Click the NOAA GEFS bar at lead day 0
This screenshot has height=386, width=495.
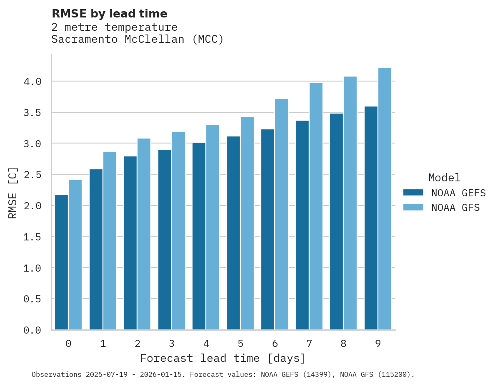click(61, 262)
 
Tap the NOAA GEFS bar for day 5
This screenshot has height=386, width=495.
click(233, 233)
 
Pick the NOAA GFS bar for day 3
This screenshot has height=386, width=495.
click(178, 231)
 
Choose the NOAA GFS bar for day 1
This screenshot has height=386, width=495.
click(110, 241)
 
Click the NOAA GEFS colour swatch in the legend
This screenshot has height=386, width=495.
click(413, 193)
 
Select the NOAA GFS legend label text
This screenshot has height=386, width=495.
click(455, 208)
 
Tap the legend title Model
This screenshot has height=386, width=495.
click(444, 178)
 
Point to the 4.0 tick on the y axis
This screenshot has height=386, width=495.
click(32, 82)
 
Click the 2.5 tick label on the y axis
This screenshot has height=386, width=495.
click(32, 175)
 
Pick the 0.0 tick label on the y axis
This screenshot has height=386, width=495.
click(32, 330)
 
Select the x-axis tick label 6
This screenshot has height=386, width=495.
click(275, 344)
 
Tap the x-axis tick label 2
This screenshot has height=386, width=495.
click(137, 344)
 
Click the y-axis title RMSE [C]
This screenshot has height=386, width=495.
click(13, 193)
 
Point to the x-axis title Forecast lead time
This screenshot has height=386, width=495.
click(223, 358)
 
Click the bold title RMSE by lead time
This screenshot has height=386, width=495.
click(110, 14)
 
